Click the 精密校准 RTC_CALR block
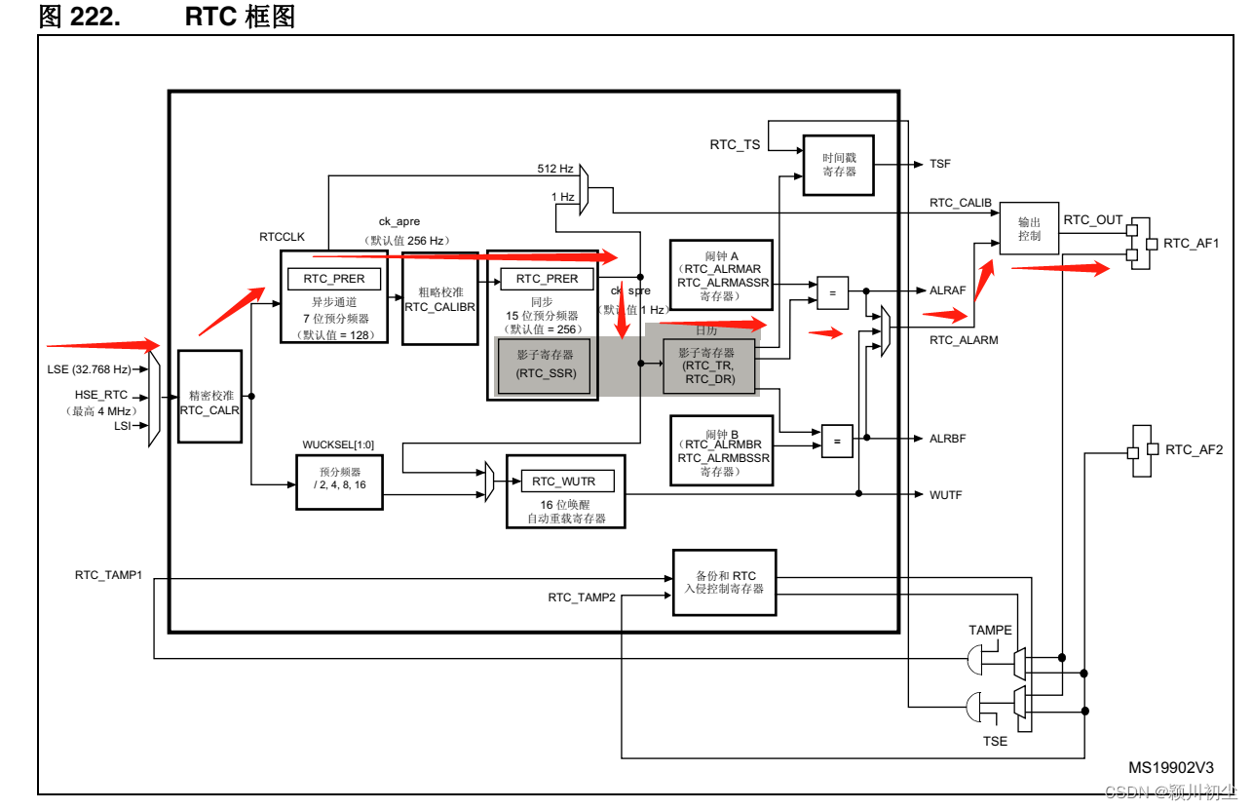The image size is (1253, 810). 209,397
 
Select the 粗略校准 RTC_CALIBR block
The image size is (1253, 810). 439,298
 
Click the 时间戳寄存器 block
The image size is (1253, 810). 838,165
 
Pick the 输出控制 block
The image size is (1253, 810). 1029,229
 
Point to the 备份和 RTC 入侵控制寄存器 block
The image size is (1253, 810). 724,582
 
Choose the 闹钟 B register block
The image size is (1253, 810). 721,450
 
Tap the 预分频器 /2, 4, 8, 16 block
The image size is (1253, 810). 339,482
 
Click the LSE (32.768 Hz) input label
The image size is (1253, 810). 89,369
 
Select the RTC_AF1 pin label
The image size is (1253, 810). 1191,243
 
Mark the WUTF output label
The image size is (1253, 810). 945,495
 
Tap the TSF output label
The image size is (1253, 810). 939,165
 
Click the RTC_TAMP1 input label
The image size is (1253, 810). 108,575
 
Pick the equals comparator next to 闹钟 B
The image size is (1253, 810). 836,440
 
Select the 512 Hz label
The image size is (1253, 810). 555,169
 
